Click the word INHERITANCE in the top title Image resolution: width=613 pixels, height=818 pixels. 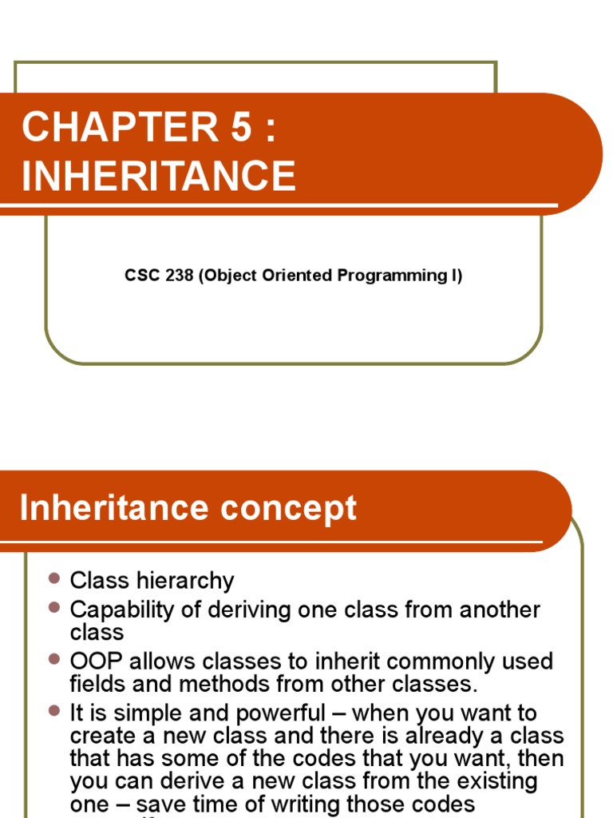[x=159, y=176]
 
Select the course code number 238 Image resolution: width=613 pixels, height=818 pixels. [x=177, y=276]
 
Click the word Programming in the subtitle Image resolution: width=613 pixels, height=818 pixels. [x=386, y=276]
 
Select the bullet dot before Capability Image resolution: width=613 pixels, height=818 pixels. [x=54, y=607]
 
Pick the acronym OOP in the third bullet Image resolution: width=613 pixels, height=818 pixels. [x=96, y=661]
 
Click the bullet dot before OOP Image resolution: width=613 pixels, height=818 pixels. [x=54, y=659]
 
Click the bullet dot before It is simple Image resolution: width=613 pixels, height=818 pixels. [x=54, y=709]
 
